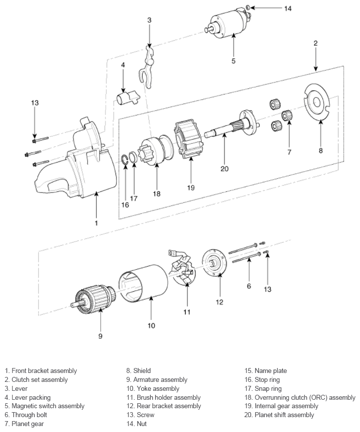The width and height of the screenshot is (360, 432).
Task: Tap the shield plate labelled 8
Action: click(x=316, y=102)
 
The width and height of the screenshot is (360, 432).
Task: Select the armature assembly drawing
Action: click(x=95, y=298)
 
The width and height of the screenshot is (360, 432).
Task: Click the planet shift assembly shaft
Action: click(x=233, y=127)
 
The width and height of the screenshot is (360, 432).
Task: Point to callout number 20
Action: click(x=225, y=169)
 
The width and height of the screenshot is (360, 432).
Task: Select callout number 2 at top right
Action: click(x=315, y=43)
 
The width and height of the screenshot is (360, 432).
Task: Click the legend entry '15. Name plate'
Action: click(x=265, y=371)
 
